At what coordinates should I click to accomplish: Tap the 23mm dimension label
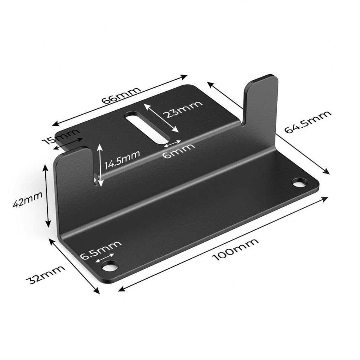(x=184, y=108)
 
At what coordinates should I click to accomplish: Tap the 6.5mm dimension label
(x=101, y=250)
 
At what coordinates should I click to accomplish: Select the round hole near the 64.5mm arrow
(x=300, y=183)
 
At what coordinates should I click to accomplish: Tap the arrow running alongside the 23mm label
(x=161, y=118)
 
